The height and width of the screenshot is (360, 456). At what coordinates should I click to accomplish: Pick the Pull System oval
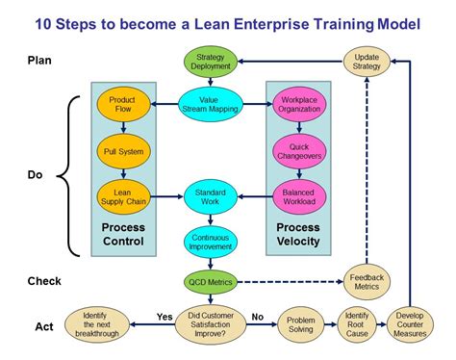coord(121,151)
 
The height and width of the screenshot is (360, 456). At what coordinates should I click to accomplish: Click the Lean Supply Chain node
coord(121,196)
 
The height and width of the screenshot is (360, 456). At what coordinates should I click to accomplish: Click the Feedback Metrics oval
coord(367,282)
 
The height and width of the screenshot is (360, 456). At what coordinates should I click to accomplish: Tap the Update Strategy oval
coord(367,62)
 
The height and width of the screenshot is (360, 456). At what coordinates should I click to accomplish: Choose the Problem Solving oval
coord(300,322)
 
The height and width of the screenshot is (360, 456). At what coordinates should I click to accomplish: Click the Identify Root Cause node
coord(358,322)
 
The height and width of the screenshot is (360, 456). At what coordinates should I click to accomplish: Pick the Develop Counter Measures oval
coord(411,322)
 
